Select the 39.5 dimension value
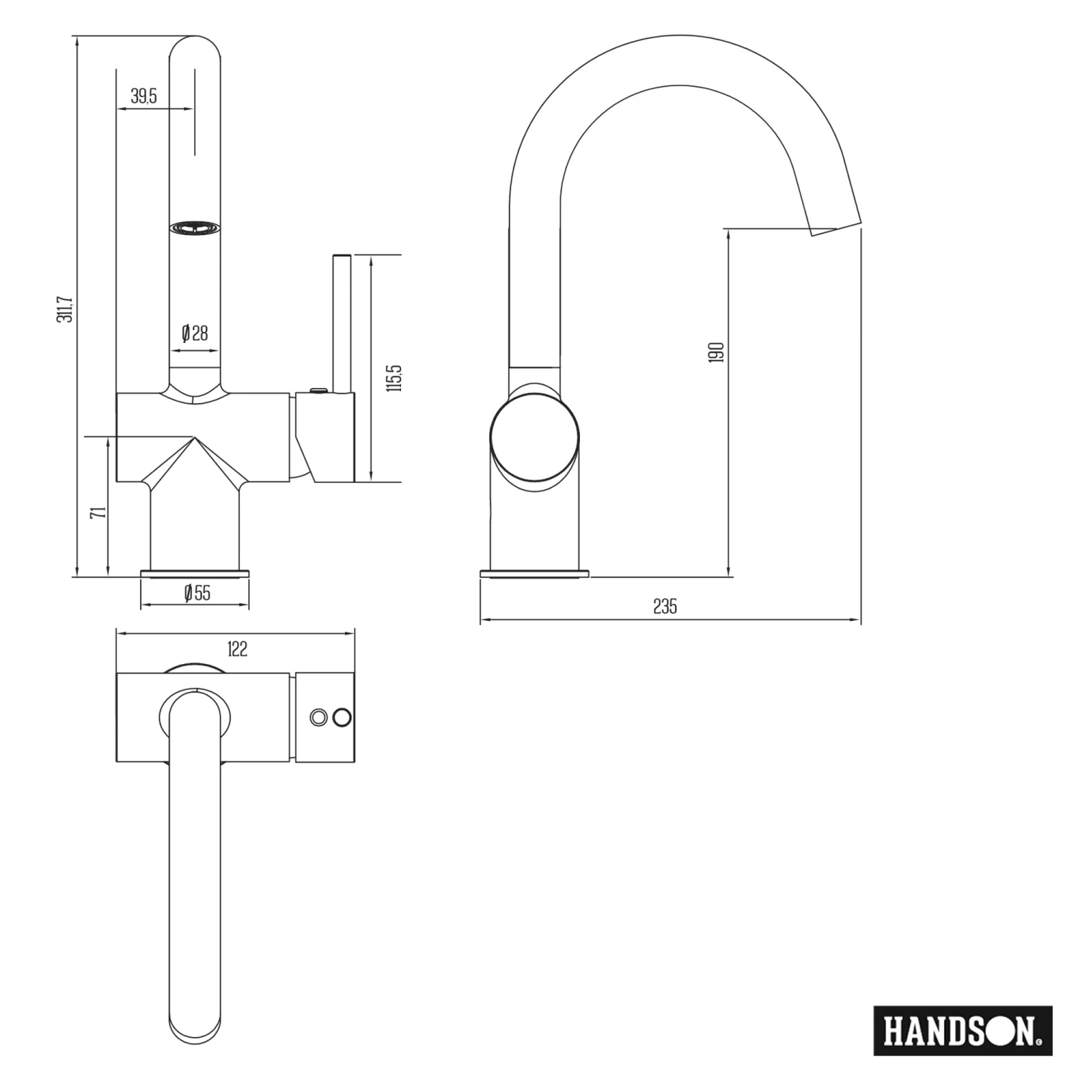click(144, 96)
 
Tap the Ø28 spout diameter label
click(195, 333)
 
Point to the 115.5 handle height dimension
click(394, 378)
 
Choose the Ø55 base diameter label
click(197, 593)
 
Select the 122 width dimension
click(237, 649)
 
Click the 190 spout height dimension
click(717, 352)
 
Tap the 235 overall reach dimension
click(665, 607)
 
